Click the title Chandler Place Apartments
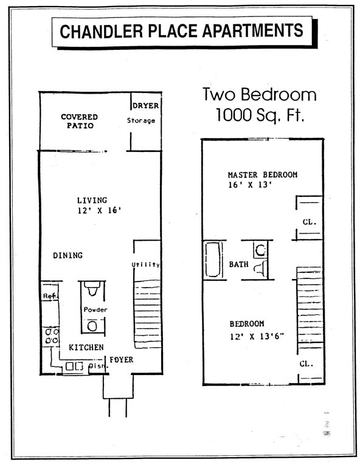[181, 30]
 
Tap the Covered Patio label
[78, 121]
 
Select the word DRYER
[145, 105]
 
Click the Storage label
[140, 120]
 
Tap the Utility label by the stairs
[145, 264]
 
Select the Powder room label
[95, 310]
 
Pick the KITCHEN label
[85, 347]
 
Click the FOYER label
[122, 360]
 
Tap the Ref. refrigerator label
[48, 296]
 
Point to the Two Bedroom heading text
[259, 95]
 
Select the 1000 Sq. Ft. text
[260, 115]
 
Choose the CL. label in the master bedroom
[309, 222]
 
